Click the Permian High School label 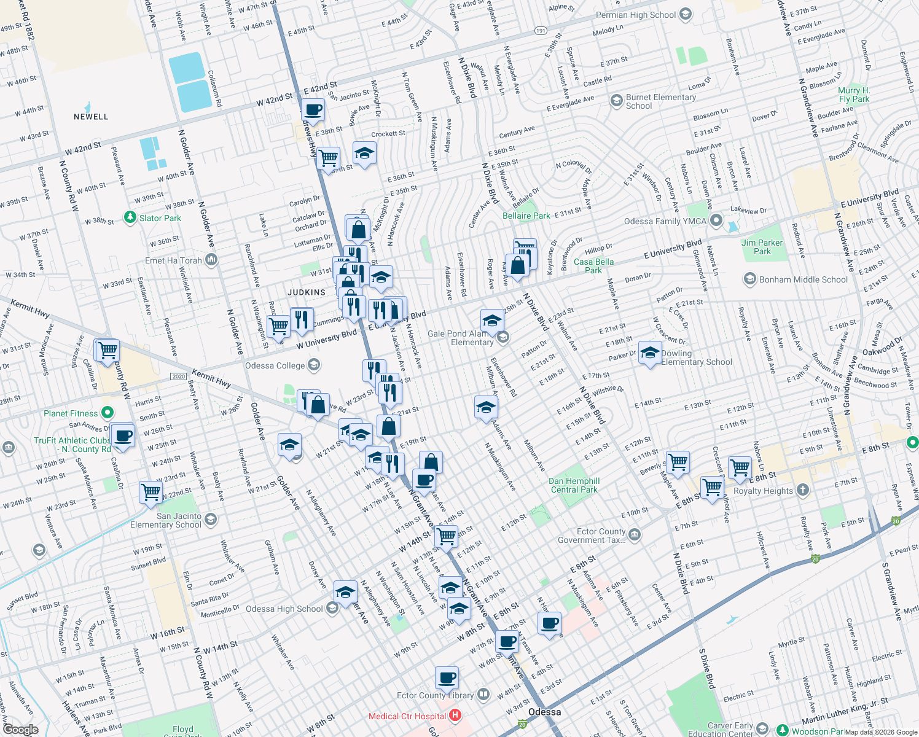tap(636, 15)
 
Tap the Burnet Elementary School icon tap(616, 101)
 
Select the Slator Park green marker tap(130, 217)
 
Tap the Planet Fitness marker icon tap(108, 413)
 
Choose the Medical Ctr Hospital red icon tap(455, 716)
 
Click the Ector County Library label tap(435, 695)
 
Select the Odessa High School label tap(284, 609)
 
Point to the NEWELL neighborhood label tap(91, 117)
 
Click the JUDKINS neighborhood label tap(307, 292)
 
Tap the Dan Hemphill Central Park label tap(574, 485)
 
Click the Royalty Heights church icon tap(802, 490)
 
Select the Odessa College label tap(275, 365)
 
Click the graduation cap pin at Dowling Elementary tap(650, 353)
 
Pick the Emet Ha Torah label tap(173, 260)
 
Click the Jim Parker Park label tap(762, 247)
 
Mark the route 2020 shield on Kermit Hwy tap(178, 376)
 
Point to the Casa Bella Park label tap(593, 266)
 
